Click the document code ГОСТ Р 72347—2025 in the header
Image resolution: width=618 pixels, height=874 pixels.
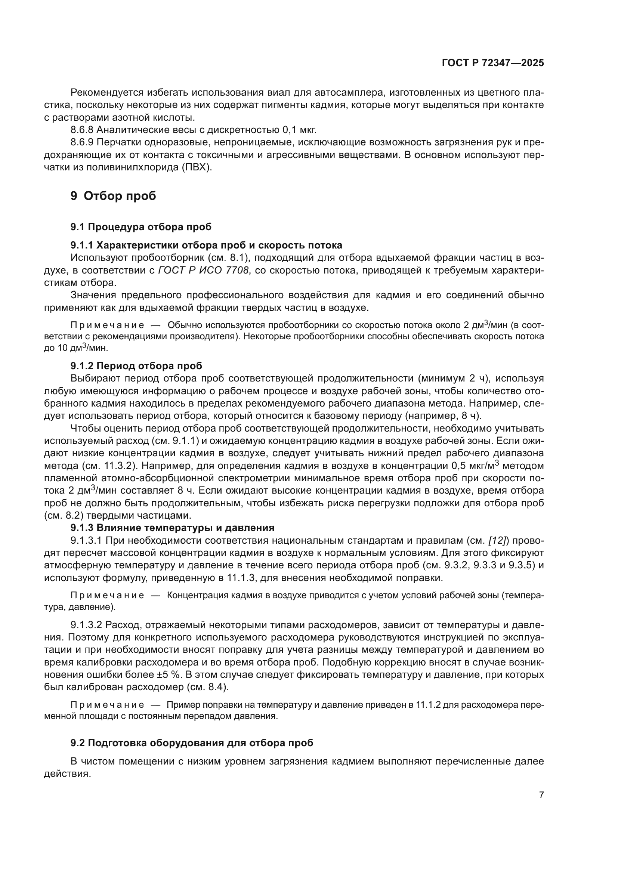click(x=493, y=63)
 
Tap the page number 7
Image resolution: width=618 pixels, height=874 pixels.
click(x=541, y=795)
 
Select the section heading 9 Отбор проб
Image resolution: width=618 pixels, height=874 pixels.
click(x=114, y=196)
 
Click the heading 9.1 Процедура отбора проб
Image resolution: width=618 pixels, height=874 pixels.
click(x=141, y=227)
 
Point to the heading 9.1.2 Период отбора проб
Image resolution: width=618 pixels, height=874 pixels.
click(x=136, y=366)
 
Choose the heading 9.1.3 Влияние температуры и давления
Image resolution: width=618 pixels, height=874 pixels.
click(x=172, y=528)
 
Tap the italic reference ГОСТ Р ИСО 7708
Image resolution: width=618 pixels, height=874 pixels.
click(x=203, y=270)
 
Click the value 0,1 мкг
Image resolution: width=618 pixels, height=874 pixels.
click(x=300, y=130)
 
